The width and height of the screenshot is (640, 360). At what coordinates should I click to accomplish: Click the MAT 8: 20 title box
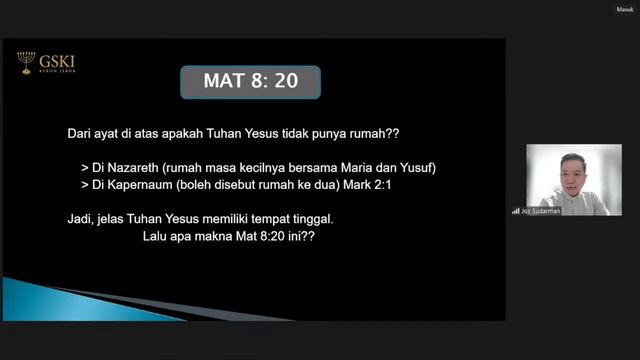[250, 82]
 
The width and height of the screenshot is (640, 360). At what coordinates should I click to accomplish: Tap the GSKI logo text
[59, 61]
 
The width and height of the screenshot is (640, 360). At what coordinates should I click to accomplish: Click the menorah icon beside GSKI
[26, 63]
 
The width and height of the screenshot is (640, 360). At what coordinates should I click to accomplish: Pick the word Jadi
[79, 218]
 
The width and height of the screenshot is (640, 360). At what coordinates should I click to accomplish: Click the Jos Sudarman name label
[540, 211]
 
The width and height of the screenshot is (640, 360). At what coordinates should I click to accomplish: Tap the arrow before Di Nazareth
[86, 167]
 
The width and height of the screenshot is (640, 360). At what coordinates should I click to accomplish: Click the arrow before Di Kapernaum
[86, 185]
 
